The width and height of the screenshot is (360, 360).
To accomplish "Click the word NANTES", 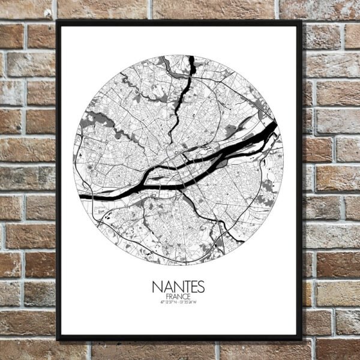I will click(179, 285).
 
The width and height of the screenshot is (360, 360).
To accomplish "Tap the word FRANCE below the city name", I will click(179, 296).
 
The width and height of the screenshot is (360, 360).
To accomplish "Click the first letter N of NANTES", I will click(157, 285).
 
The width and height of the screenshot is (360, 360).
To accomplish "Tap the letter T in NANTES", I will click(183, 285).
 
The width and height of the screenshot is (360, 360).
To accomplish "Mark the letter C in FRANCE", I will click(185, 296).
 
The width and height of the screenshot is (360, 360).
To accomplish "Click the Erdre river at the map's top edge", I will click(191, 63).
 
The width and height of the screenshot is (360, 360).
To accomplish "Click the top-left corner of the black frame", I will click(58, 22).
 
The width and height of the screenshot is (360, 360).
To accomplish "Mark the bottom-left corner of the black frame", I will click(58, 340).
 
